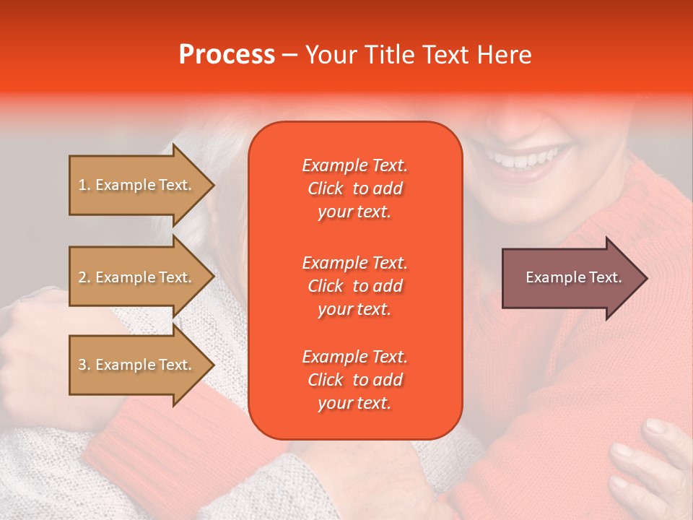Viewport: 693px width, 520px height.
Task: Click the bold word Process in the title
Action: point(227,55)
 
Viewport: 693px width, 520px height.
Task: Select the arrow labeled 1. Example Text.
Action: point(137,186)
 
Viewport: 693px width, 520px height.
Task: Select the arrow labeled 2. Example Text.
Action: point(137,277)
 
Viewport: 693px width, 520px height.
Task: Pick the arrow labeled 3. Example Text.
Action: point(137,365)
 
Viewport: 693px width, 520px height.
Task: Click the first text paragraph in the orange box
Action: point(354,188)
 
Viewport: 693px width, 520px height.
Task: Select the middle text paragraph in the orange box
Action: point(354,286)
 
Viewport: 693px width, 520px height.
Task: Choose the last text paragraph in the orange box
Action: point(354,380)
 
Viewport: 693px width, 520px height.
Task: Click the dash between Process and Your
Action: point(289,56)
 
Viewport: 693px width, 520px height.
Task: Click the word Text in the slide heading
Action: point(440,55)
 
